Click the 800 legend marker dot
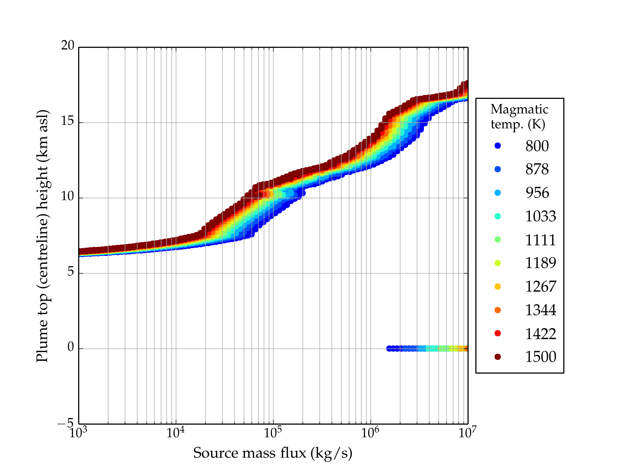pyautogui.click(x=498, y=146)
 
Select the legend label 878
pyautogui.click(x=537, y=169)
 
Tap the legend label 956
pyautogui.click(x=537, y=193)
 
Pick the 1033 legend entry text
pyautogui.click(x=540, y=216)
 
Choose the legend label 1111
pyautogui.click(x=540, y=240)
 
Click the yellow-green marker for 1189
pyautogui.click(x=498, y=263)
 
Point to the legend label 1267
pyautogui.click(x=540, y=287)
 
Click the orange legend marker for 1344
pyautogui.click(x=498, y=310)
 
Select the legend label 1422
pyautogui.click(x=540, y=334)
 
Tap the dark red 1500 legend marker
pyautogui.click(x=498, y=356)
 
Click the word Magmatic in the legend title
pyautogui.click(x=519, y=109)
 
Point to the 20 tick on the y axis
pyautogui.click(x=68, y=46)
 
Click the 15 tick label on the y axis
pyautogui.click(x=68, y=121)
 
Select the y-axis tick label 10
pyautogui.click(x=68, y=196)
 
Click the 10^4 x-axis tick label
pyautogui.click(x=175, y=433)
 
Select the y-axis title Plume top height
pyautogui.click(x=42, y=235)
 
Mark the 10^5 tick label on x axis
pyautogui.click(x=273, y=433)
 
